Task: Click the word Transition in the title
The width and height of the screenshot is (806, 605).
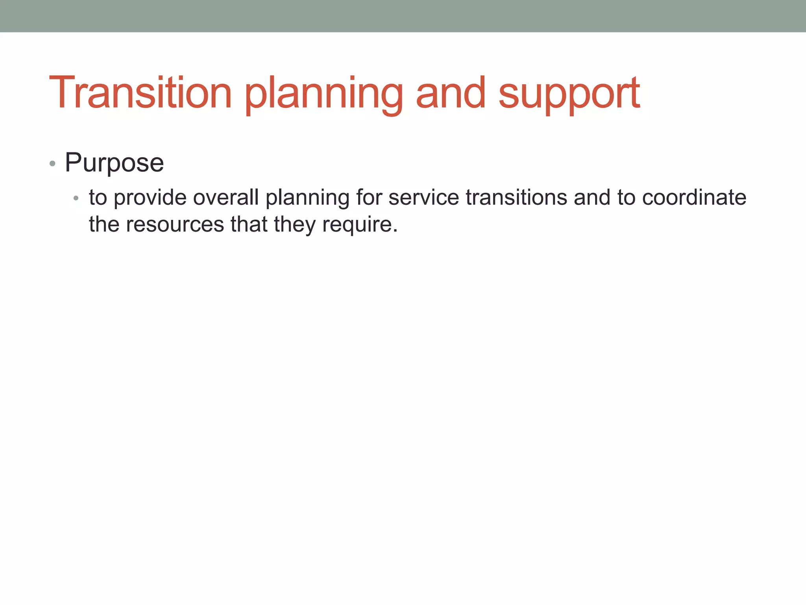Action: click(x=140, y=93)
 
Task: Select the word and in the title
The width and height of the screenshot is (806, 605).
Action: click(x=451, y=93)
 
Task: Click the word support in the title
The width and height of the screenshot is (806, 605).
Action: click(x=569, y=95)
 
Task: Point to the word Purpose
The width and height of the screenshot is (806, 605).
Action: click(x=114, y=163)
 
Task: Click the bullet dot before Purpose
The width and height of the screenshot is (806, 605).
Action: click(x=52, y=163)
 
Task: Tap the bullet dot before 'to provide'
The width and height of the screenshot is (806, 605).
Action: click(x=76, y=198)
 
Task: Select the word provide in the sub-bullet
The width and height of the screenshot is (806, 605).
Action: click(x=150, y=198)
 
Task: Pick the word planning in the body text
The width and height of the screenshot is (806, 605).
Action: click(x=307, y=198)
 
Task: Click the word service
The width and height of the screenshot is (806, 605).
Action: click(x=423, y=197)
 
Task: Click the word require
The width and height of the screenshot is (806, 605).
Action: click(x=357, y=225)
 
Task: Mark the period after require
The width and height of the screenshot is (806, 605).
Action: click(x=395, y=231)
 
